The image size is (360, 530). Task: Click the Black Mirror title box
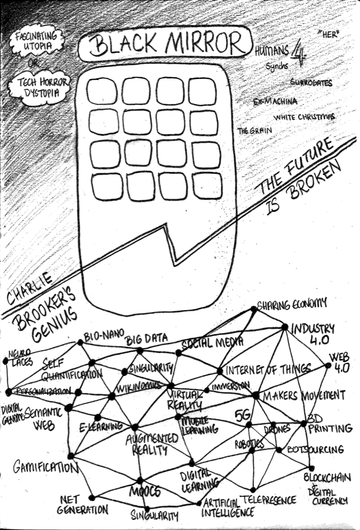click(165, 45)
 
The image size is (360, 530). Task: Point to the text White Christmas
click(303, 117)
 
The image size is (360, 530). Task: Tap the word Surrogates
click(311, 83)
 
